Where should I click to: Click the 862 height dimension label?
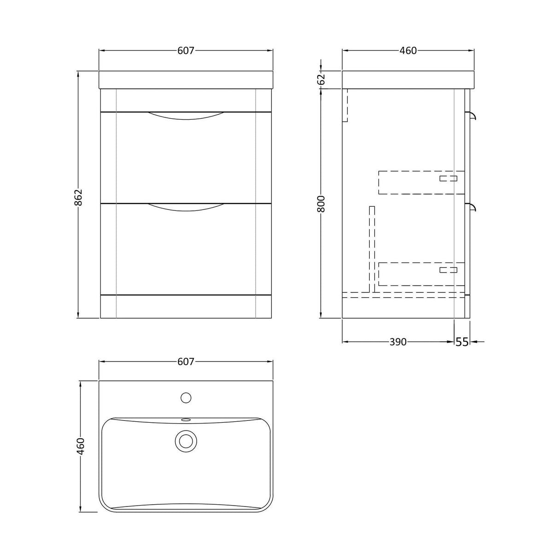coord(78,198)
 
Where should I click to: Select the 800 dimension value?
coord(321,204)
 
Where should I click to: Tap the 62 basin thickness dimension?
coord(321,79)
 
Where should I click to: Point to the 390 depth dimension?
coord(398,342)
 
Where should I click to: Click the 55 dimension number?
coord(462,342)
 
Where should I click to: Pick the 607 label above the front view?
coord(186,51)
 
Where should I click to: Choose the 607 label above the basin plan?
coord(186,362)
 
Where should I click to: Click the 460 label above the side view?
coord(408,51)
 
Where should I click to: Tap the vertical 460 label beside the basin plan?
coord(81,447)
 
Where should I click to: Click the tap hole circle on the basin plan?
coord(186,398)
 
